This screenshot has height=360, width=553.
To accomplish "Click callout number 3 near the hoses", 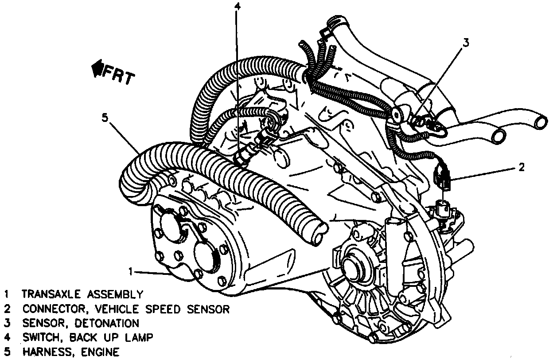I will click(465, 43).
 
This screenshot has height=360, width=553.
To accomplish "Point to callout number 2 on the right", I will click(522, 168).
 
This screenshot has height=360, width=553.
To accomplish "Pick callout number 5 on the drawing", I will click(105, 118).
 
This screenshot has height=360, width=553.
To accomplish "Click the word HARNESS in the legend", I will click(44, 352).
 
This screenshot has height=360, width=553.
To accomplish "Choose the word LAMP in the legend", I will click(138, 338).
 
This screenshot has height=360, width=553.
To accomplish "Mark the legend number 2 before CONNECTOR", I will click(7, 309).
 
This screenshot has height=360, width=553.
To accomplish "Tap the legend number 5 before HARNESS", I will click(7, 352).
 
